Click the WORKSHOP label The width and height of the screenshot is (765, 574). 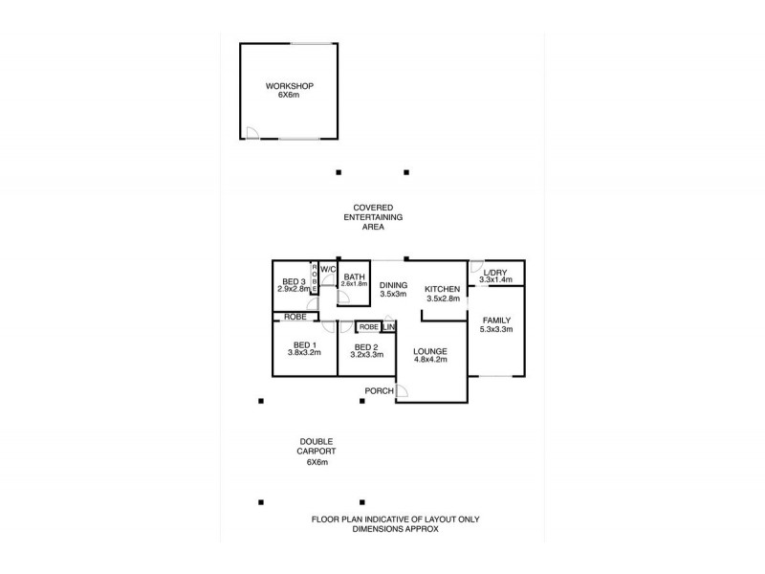pyautogui.click(x=289, y=86)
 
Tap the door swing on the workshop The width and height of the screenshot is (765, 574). pyautogui.click(x=251, y=133)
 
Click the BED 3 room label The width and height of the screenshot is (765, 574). pyautogui.click(x=294, y=281)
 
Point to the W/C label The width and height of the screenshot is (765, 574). pyautogui.click(x=327, y=269)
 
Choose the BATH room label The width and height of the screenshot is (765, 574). pyautogui.click(x=355, y=276)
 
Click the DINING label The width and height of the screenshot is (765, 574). pyautogui.click(x=393, y=285)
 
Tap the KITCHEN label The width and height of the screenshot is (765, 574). pyautogui.click(x=443, y=289)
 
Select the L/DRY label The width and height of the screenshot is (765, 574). pyautogui.click(x=495, y=271)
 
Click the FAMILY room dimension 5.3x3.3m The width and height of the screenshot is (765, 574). pyautogui.click(x=496, y=330)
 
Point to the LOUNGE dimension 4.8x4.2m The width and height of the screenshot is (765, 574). pyautogui.click(x=430, y=363)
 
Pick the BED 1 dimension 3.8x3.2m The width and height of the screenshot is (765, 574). pyautogui.click(x=304, y=353)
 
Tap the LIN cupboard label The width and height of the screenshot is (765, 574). pyautogui.click(x=388, y=326)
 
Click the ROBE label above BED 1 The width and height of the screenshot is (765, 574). pyautogui.click(x=295, y=316)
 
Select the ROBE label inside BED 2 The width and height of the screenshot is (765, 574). pyautogui.click(x=368, y=326)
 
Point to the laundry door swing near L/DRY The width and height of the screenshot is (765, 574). pyautogui.click(x=476, y=268)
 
